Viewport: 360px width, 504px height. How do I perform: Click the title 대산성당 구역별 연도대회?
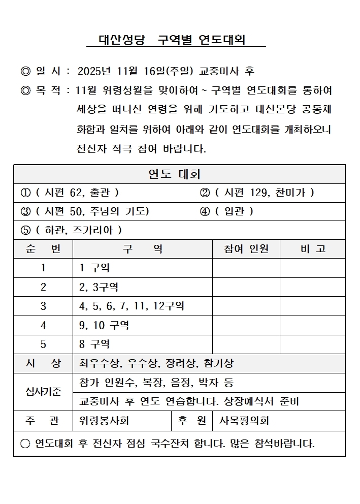[x=172, y=40]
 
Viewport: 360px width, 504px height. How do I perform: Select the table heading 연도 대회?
[x=174, y=174]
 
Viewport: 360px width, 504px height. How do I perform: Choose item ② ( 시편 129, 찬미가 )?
[x=257, y=193]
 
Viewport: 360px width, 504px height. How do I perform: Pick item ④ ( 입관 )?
[x=226, y=211]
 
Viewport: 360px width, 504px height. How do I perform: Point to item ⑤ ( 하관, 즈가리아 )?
[x=71, y=230]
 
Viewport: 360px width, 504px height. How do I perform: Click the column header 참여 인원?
[x=246, y=249]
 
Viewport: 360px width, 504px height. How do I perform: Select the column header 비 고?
[x=313, y=249]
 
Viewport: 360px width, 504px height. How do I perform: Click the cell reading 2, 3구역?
[x=99, y=287]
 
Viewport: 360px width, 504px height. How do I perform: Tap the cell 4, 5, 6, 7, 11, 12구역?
[x=132, y=306]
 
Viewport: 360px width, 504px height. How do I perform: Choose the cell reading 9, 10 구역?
[x=104, y=325]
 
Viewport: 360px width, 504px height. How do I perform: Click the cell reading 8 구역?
[x=94, y=344]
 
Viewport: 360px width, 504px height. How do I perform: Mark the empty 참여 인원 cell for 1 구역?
[x=246, y=268]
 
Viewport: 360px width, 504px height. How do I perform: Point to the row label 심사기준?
[x=43, y=392]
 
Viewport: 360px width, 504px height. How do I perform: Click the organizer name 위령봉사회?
[x=104, y=421]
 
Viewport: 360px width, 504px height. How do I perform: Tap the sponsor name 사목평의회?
[x=244, y=421]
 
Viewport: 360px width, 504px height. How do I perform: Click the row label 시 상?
[x=43, y=363]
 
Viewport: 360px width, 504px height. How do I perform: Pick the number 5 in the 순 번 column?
[x=43, y=344]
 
